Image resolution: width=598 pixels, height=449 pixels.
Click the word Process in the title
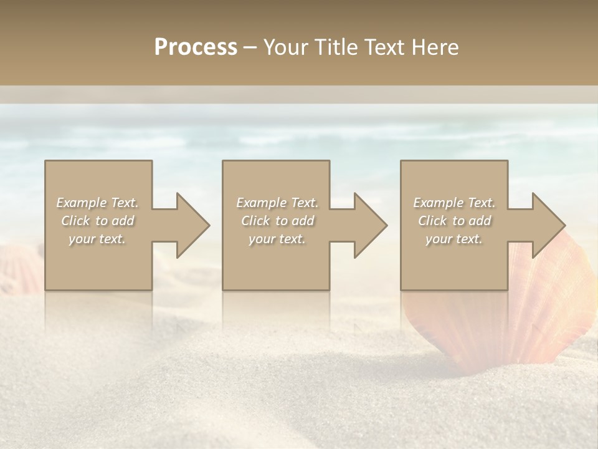(196, 47)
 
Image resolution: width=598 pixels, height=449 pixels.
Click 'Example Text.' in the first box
(97, 203)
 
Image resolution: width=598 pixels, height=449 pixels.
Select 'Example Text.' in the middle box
(277, 203)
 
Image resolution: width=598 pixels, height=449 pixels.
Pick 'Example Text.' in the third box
(454, 203)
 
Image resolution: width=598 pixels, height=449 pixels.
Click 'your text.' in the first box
(97, 239)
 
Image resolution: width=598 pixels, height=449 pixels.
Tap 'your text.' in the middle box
(277, 239)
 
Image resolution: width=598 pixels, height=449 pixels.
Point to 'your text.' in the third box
(454, 239)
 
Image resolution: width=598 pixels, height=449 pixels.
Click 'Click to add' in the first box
(97, 221)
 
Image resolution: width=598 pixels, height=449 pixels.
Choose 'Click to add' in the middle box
(277, 221)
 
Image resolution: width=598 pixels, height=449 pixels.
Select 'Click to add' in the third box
(454, 221)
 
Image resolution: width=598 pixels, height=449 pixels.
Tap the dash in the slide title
(250, 48)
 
